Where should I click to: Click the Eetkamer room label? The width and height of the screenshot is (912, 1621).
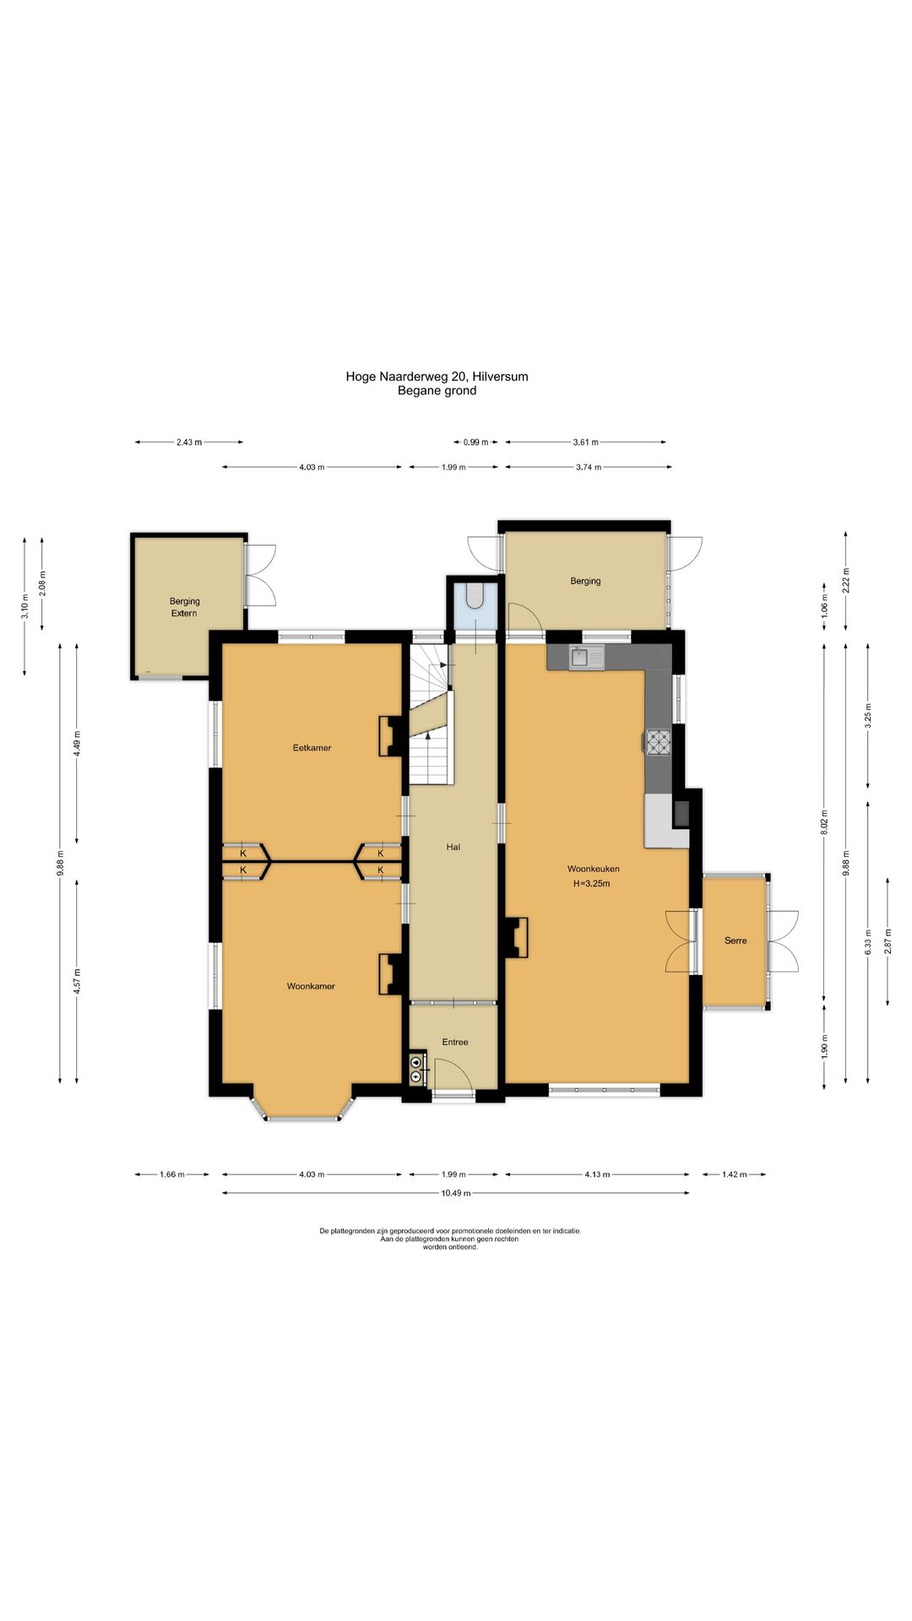click(x=312, y=748)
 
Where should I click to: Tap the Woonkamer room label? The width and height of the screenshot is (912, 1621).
click(x=311, y=986)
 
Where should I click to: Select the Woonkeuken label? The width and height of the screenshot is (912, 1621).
click(x=593, y=869)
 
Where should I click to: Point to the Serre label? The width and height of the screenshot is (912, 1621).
click(x=736, y=941)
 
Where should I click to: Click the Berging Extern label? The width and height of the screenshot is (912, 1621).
click(x=184, y=607)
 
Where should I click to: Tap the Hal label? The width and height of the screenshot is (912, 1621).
click(x=453, y=847)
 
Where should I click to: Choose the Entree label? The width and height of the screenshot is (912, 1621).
click(x=455, y=1042)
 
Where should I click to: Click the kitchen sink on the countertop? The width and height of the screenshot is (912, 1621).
click(x=587, y=657)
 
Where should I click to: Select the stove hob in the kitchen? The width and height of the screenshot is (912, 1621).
click(x=659, y=741)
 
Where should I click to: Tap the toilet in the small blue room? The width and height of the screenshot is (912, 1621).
click(x=475, y=594)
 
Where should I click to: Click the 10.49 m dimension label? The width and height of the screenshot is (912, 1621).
click(x=456, y=1193)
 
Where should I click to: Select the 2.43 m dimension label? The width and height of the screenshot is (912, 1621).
click(x=189, y=442)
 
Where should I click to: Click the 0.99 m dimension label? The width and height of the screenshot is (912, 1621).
click(x=476, y=442)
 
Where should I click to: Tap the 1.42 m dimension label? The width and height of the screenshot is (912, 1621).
click(x=733, y=1174)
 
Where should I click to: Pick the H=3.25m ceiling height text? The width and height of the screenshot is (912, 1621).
click(x=591, y=884)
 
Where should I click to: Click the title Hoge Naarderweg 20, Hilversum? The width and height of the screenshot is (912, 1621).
click(x=437, y=377)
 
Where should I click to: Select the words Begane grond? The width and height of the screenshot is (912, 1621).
click(x=437, y=391)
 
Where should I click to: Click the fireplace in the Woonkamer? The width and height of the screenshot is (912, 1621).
click(x=390, y=973)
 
